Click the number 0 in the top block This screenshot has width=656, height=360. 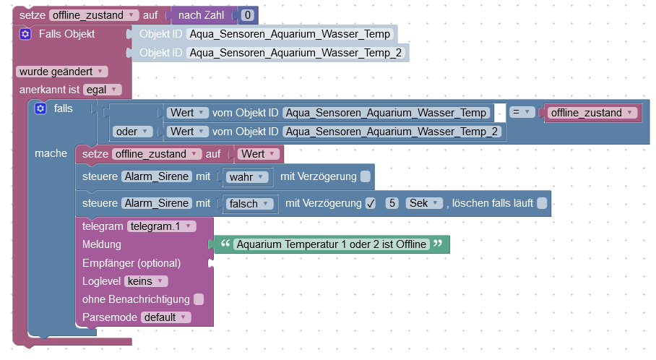(x=248, y=14)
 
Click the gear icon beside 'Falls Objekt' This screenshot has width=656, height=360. (x=25, y=34)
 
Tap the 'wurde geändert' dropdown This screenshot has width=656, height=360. (x=62, y=71)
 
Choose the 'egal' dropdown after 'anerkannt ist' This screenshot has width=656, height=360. (x=103, y=90)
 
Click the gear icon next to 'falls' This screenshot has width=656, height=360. (x=40, y=108)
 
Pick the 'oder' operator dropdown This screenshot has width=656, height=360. (x=133, y=131)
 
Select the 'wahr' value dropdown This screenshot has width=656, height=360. (x=248, y=176)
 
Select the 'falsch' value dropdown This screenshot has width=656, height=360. (x=250, y=204)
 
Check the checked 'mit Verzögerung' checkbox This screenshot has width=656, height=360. (x=371, y=204)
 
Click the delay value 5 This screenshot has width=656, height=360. (x=392, y=204)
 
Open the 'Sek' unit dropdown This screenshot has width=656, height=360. (x=424, y=204)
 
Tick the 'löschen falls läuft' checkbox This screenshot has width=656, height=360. (x=542, y=204)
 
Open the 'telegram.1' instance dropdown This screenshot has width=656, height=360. (x=161, y=226)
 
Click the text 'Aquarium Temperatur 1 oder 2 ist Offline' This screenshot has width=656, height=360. (x=332, y=244)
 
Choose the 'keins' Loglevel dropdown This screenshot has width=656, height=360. (x=147, y=281)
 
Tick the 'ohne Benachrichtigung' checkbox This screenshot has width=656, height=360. (x=199, y=299)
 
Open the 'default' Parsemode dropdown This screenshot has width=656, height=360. (x=166, y=317)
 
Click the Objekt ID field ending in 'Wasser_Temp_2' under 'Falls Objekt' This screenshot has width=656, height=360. (x=295, y=52)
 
